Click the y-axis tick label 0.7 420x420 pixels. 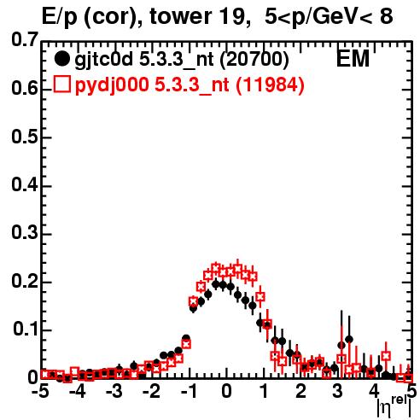point(24,40)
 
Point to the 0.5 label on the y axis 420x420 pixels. point(24,137)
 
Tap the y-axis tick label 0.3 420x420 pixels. point(24,233)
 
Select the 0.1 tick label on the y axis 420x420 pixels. point(25,329)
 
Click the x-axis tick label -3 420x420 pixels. point(114,391)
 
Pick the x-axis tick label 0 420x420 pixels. point(226,391)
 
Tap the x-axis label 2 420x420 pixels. point(300,391)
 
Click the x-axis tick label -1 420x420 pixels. point(188,391)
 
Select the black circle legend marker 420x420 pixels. point(61,59)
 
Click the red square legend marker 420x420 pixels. point(61,84)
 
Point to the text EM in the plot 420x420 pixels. point(353,59)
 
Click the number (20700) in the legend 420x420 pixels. point(254,59)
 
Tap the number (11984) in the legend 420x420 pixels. point(270,85)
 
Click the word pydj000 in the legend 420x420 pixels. point(112,85)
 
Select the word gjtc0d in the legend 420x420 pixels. point(104,60)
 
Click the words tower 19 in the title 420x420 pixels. point(198,16)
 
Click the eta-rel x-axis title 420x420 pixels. point(394,405)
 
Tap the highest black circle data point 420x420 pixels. point(216,284)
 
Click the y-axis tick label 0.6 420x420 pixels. point(24,89)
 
